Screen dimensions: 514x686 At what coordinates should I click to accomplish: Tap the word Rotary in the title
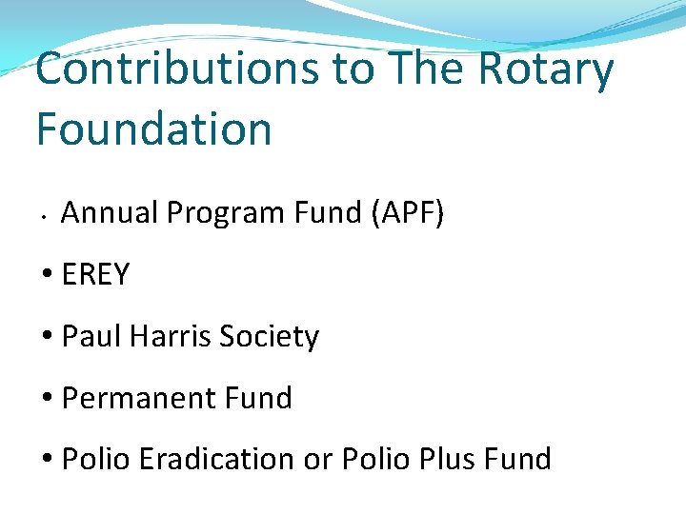pos(546,71)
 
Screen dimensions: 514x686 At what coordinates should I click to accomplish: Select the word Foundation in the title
pos(154,128)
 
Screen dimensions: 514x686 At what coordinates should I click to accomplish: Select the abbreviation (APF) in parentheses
pos(406,213)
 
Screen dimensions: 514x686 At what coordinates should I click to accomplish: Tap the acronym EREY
pos(95,275)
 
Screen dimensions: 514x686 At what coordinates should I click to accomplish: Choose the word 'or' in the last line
pos(317,459)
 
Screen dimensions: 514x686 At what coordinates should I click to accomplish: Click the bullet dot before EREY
pos(48,276)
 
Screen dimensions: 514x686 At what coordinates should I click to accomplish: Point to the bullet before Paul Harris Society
pos(48,338)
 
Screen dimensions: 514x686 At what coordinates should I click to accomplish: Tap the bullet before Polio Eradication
pos(48,460)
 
